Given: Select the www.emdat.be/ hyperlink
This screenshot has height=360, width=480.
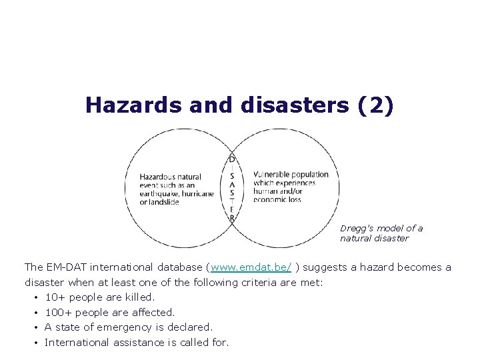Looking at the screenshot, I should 251,267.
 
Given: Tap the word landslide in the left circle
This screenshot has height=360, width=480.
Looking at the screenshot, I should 163,202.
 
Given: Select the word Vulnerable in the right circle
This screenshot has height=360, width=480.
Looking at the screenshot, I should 273,175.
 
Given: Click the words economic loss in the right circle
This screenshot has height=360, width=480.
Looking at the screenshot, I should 277,199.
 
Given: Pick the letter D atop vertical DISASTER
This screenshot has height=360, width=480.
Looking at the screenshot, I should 231,159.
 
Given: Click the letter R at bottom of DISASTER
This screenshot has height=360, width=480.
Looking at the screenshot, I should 231,217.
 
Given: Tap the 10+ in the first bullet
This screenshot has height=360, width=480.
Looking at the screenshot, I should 55,297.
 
